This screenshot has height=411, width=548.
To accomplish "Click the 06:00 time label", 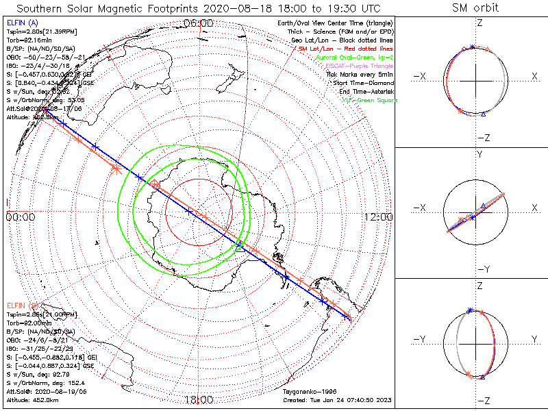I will [x=199, y=23].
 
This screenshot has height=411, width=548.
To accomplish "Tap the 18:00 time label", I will [x=199, y=399].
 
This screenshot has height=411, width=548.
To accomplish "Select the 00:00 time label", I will [x=21, y=216].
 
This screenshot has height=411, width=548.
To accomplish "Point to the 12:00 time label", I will [x=378, y=216].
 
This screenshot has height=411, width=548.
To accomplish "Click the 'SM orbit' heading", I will [x=475, y=8].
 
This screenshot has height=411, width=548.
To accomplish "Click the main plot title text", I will [x=199, y=8].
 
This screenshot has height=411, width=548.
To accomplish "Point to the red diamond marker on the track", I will [x=155, y=184].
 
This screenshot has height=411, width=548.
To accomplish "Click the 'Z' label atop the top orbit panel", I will [x=480, y=23].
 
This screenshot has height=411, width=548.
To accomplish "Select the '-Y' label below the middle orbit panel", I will [x=482, y=269].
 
